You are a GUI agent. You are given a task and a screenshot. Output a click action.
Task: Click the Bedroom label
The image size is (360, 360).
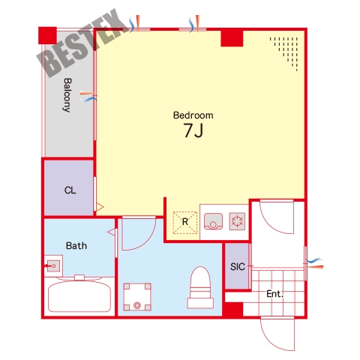pyautogui.click(x=193, y=115)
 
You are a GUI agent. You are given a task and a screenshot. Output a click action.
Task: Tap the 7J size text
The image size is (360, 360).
pyautogui.click(x=193, y=130)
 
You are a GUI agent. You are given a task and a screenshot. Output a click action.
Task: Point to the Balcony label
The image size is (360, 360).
pyautogui.click(x=67, y=95)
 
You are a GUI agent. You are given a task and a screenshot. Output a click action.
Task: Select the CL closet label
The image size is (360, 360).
pyautogui.click(x=70, y=190)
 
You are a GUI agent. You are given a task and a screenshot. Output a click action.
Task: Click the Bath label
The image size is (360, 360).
pyautogui.click(x=76, y=246)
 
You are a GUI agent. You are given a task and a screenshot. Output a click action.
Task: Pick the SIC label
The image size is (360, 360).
pyautogui.click(x=237, y=267)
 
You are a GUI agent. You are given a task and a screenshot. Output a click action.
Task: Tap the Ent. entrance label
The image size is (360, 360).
pyautogui.click(x=274, y=294)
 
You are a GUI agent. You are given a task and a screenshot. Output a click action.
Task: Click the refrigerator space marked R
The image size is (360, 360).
pyautogui.click(x=185, y=222)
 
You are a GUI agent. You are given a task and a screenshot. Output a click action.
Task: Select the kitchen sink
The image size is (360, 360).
pyautogui.click(x=213, y=221)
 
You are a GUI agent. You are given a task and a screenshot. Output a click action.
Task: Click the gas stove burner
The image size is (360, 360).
pyautogui.click(x=237, y=221)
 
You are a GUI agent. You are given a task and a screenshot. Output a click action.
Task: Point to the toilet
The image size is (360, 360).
pyautogui.click(x=200, y=287)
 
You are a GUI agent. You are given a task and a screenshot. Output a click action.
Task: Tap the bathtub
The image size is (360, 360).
pyautogui.click(x=79, y=297)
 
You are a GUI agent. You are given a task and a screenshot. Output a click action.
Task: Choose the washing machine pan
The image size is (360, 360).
pyautogui.click(x=137, y=297)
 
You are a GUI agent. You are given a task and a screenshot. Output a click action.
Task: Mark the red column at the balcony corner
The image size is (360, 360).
pyautogui.click(x=47, y=35)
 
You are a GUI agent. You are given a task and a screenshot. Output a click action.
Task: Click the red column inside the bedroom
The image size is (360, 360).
pyautogui.click(x=232, y=38)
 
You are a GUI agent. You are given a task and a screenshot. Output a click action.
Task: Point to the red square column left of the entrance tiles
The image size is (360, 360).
pyautogui.click(x=232, y=310)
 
